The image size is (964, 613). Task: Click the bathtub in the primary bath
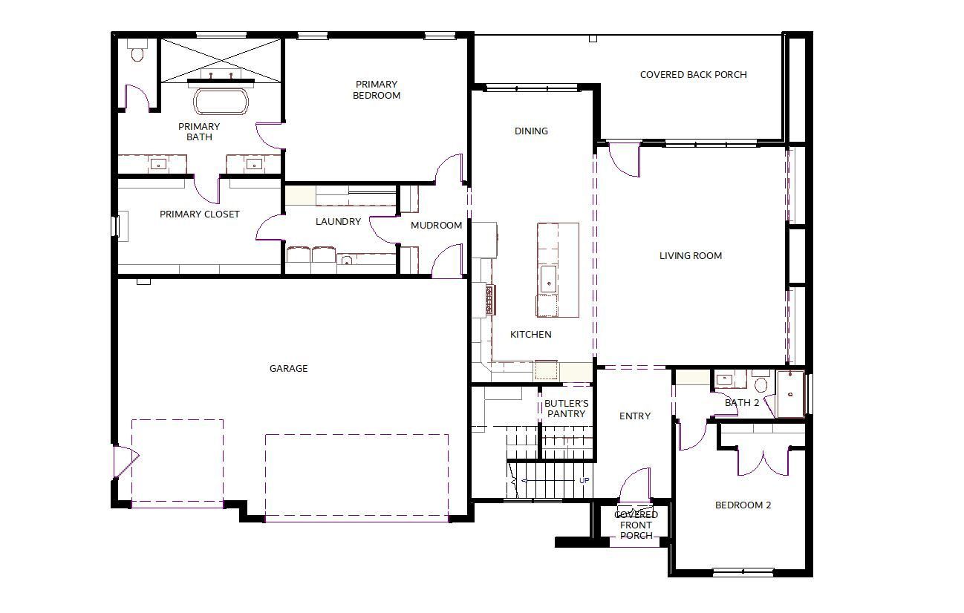pyautogui.click(x=221, y=102)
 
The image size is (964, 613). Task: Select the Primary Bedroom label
pyautogui.click(x=377, y=90)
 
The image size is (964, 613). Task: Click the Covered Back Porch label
pyautogui.click(x=694, y=74)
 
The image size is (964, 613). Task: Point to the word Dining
pyautogui.click(x=531, y=131)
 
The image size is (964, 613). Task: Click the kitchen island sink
pyautogui.click(x=548, y=279)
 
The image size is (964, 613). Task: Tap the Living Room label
pyautogui.click(x=691, y=255)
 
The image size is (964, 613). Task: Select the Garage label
pyautogui.click(x=288, y=368)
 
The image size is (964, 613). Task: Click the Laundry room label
pyautogui.click(x=338, y=222)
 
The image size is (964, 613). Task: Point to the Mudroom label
pyautogui.click(x=437, y=225)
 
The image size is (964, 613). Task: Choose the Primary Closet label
pyautogui.click(x=200, y=214)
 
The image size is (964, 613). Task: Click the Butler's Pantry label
pyautogui.click(x=567, y=408)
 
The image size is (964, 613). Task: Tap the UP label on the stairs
pyautogui.click(x=584, y=480)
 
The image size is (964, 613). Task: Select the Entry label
pyautogui.click(x=635, y=416)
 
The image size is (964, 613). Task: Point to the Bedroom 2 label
pyautogui.click(x=743, y=505)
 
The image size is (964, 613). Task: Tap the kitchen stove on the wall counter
pyautogui.click(x=490, y=299)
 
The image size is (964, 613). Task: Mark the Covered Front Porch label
pyautogui.click(x=636, y=525)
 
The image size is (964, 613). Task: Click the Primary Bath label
pyautogui.click(x=199, y=131)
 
